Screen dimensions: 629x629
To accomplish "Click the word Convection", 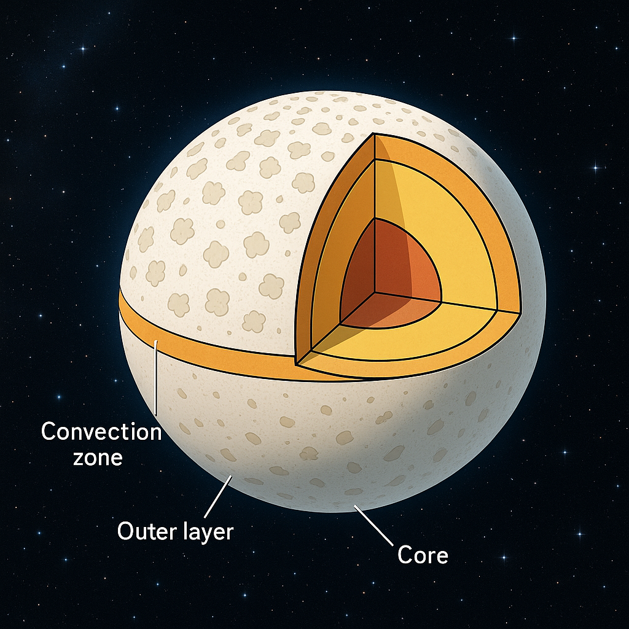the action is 101,432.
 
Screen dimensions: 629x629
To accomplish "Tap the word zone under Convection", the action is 99,457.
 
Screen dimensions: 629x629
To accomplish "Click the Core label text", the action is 423,555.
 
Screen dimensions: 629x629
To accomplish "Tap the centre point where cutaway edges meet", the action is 376,292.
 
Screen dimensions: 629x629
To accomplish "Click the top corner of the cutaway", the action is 375,134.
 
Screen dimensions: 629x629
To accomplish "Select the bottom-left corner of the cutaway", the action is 296,363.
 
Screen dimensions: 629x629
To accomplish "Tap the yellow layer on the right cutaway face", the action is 455,233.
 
